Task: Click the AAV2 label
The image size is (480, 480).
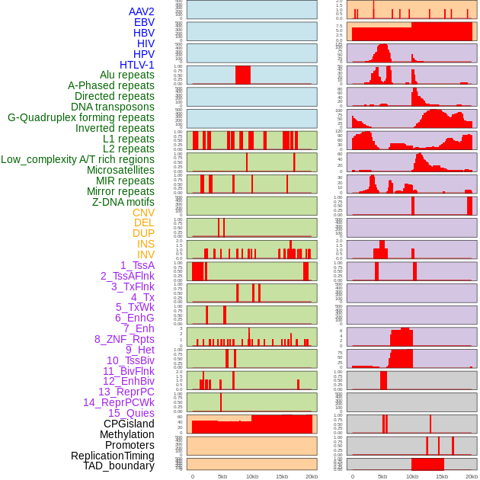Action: (142, 11)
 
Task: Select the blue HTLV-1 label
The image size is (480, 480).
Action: (137, 65)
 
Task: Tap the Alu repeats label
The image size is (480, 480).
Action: (127, 75)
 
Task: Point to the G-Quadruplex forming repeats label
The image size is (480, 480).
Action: (81, 117)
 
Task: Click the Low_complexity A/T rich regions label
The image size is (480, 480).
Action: (78, 159)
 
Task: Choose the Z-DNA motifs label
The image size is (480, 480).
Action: (123, 202)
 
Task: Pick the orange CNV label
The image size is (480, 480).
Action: (143, 213)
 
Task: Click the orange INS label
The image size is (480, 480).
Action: (146, 244)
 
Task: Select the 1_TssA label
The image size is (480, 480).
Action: (137, 265)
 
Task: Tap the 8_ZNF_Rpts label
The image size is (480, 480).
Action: (124, 339)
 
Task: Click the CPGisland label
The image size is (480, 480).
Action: (129, 424)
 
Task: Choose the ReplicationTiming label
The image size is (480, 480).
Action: (113, 456)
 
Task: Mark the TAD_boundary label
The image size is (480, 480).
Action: (119, 466)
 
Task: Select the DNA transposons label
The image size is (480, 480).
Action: (113, 107)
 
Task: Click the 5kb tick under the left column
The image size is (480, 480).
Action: (222, 476)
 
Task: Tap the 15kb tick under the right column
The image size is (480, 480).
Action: (442, 476)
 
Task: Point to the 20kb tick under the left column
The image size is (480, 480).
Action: (312, 476)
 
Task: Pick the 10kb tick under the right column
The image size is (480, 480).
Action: (412, 476)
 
